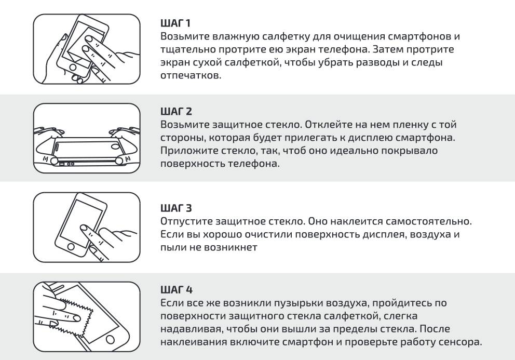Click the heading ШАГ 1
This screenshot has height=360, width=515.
tap(175, 23)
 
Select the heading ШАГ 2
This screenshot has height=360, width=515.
tap(176, 112)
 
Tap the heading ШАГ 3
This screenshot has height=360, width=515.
tap(176, 208)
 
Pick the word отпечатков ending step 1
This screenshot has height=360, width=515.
tap(191, 75)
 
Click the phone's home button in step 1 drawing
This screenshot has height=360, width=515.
tap(73, 68)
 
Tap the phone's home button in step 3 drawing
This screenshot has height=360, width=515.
tap(71, 247)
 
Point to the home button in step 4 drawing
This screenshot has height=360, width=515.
tap(111, 339)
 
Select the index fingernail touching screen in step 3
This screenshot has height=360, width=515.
tap(84, 228)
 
